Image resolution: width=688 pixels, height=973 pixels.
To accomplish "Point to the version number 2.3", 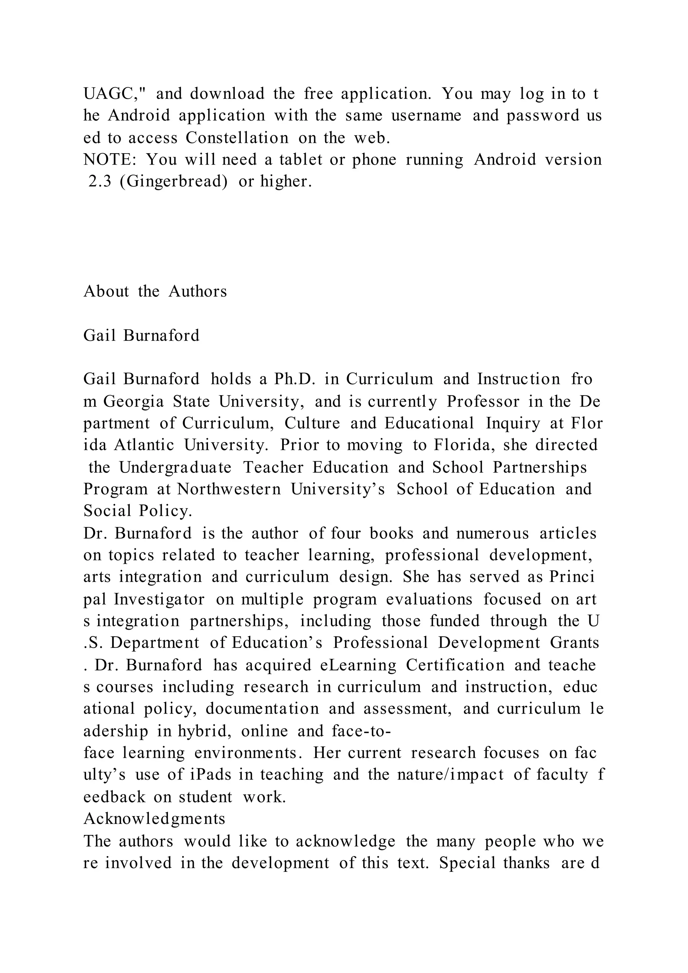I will point(99,182).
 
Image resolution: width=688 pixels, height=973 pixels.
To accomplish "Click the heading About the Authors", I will point(155,292).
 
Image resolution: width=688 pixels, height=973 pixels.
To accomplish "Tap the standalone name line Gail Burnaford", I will point(141,336).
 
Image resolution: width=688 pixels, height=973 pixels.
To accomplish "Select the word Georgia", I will point(133,401).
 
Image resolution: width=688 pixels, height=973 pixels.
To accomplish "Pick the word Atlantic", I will point(144,446).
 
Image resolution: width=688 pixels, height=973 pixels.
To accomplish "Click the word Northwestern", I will point(229,490).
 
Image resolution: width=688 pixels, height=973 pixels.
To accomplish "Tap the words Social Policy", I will point(138,511).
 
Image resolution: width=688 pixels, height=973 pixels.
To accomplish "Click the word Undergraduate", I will point(175,467).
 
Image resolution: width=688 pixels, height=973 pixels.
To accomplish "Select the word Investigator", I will point(159,600).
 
